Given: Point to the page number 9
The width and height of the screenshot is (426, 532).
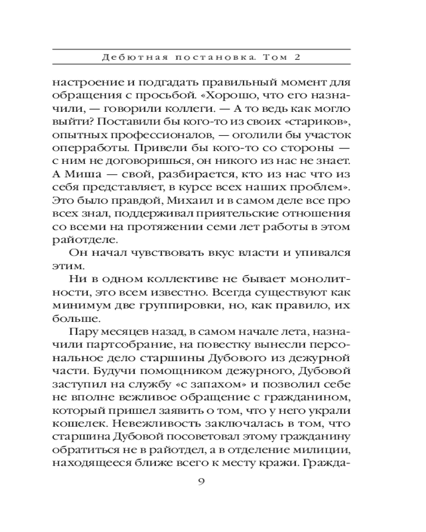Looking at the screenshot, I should tap(201, 483).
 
